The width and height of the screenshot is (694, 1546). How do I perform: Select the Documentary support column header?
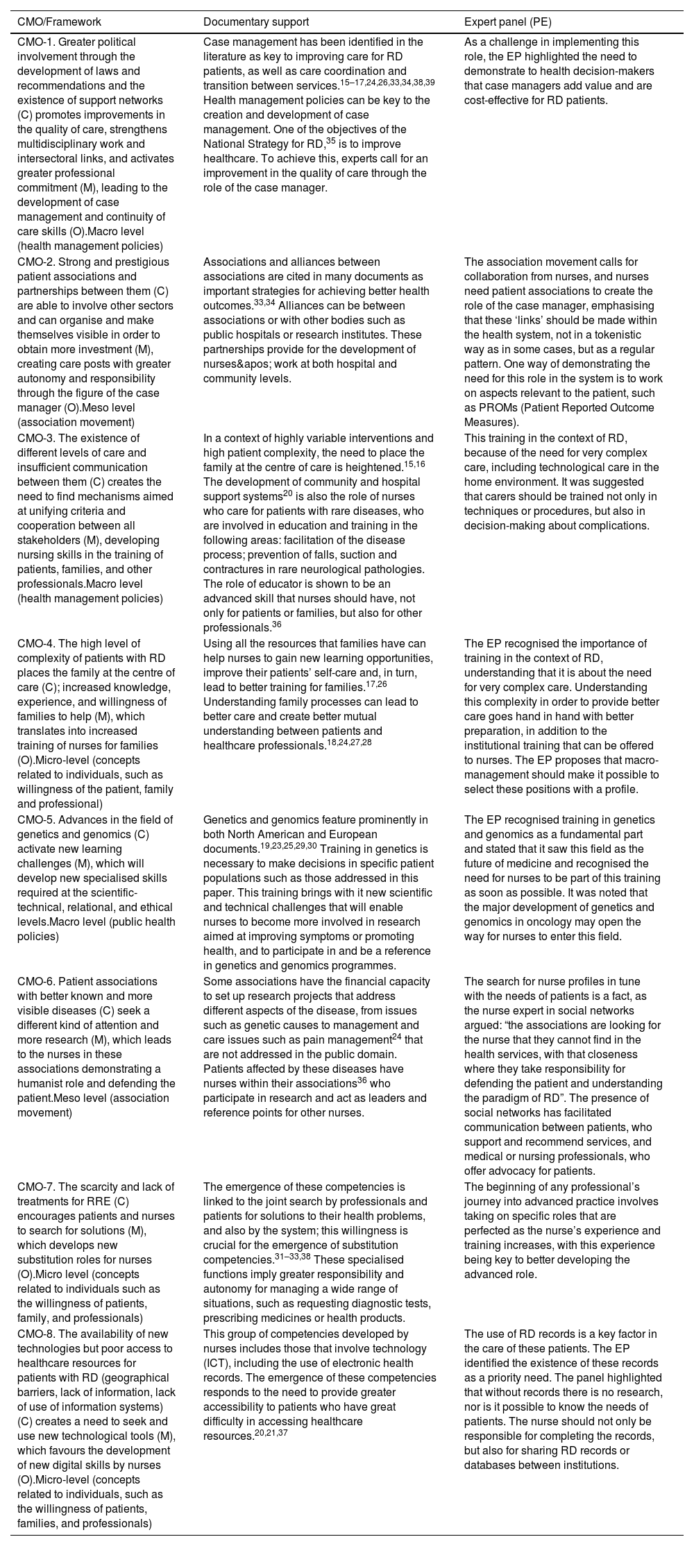[256, 22]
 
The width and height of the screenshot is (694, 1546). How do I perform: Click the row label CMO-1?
[35, 42]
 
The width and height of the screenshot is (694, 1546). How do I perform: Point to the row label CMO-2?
[35, 262]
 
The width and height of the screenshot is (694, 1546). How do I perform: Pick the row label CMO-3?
[35, 438]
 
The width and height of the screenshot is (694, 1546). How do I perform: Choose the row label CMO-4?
[35, 643]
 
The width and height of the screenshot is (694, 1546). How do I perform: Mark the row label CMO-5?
[35, 819]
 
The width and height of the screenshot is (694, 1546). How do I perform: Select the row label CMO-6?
[35, 981]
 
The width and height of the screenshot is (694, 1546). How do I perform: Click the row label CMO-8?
[35, 1334]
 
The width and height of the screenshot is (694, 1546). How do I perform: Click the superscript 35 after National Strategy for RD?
[331, 142]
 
